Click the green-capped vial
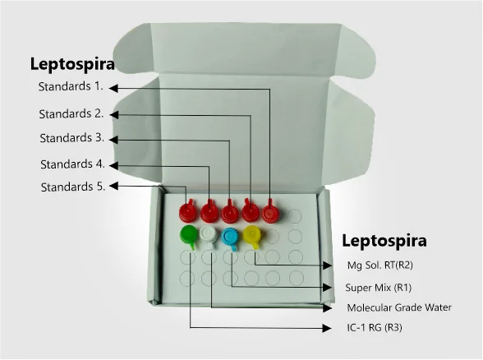(x=188, y=236)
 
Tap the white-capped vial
(x=209, y=237)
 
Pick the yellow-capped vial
(x=252, y=236)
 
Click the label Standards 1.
(x=71, y=86)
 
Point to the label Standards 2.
(x=71, y=113)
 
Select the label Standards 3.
(x=72, y=138)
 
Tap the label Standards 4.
(x=72, y=164)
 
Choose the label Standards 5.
(x=73, y=187)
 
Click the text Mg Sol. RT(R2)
(x=379, y=265)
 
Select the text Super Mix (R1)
(x=378, y=288)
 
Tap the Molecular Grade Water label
(x=399, y=307)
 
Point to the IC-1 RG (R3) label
(x=375, y=327)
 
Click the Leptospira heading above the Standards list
(x=72, y=64)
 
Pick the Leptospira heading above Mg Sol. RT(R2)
(x=384, y=240)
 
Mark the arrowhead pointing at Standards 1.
(x=113, y=88)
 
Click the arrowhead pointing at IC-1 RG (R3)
(x=327, y=328)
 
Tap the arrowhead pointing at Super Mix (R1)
(x=327, y=288)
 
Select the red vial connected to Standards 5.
(x=188, y=211)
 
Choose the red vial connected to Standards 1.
(x=270, y=213)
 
